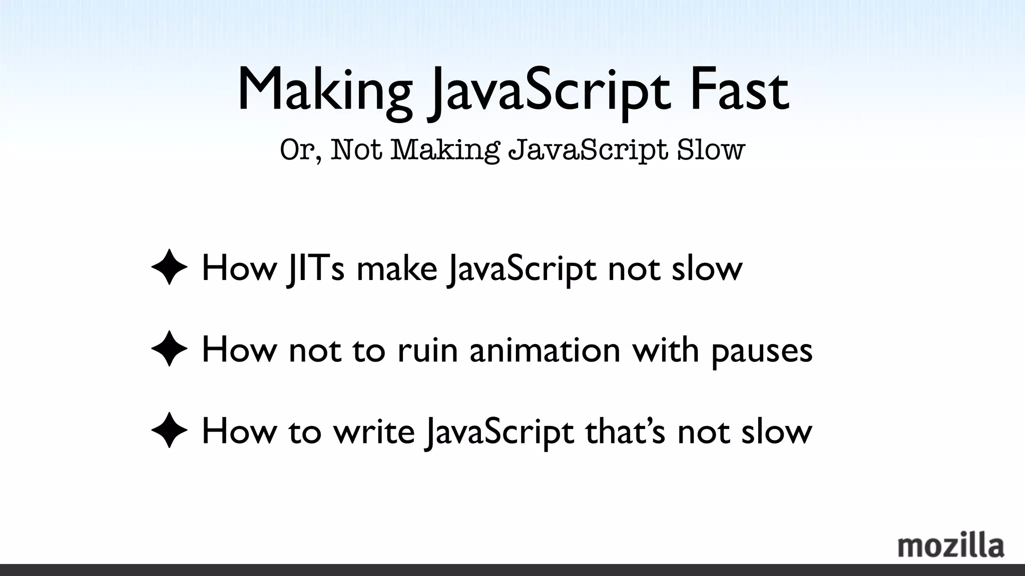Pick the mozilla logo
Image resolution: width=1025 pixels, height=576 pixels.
[x=950, y=546]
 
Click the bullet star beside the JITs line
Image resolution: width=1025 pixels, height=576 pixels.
[x=169, y=267]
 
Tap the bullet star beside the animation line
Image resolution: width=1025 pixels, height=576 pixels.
[x=169, y=349]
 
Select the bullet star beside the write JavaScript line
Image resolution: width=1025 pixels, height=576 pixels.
[x=169, y=430]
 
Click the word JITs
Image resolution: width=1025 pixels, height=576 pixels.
[x=315, y=268]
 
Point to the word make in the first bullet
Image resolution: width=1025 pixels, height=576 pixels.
[x=397, y=268]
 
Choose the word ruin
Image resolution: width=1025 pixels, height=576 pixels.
[x=428, y=349]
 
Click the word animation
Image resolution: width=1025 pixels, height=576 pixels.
[x=545, y=349]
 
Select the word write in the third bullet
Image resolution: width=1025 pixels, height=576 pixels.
[x=374, y=431]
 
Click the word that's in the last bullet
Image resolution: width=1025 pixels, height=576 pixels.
[x=626, y=431]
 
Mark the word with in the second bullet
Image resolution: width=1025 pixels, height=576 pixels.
[x=666, y=349]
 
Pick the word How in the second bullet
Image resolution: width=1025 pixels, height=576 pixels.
[x=239, y=349]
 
